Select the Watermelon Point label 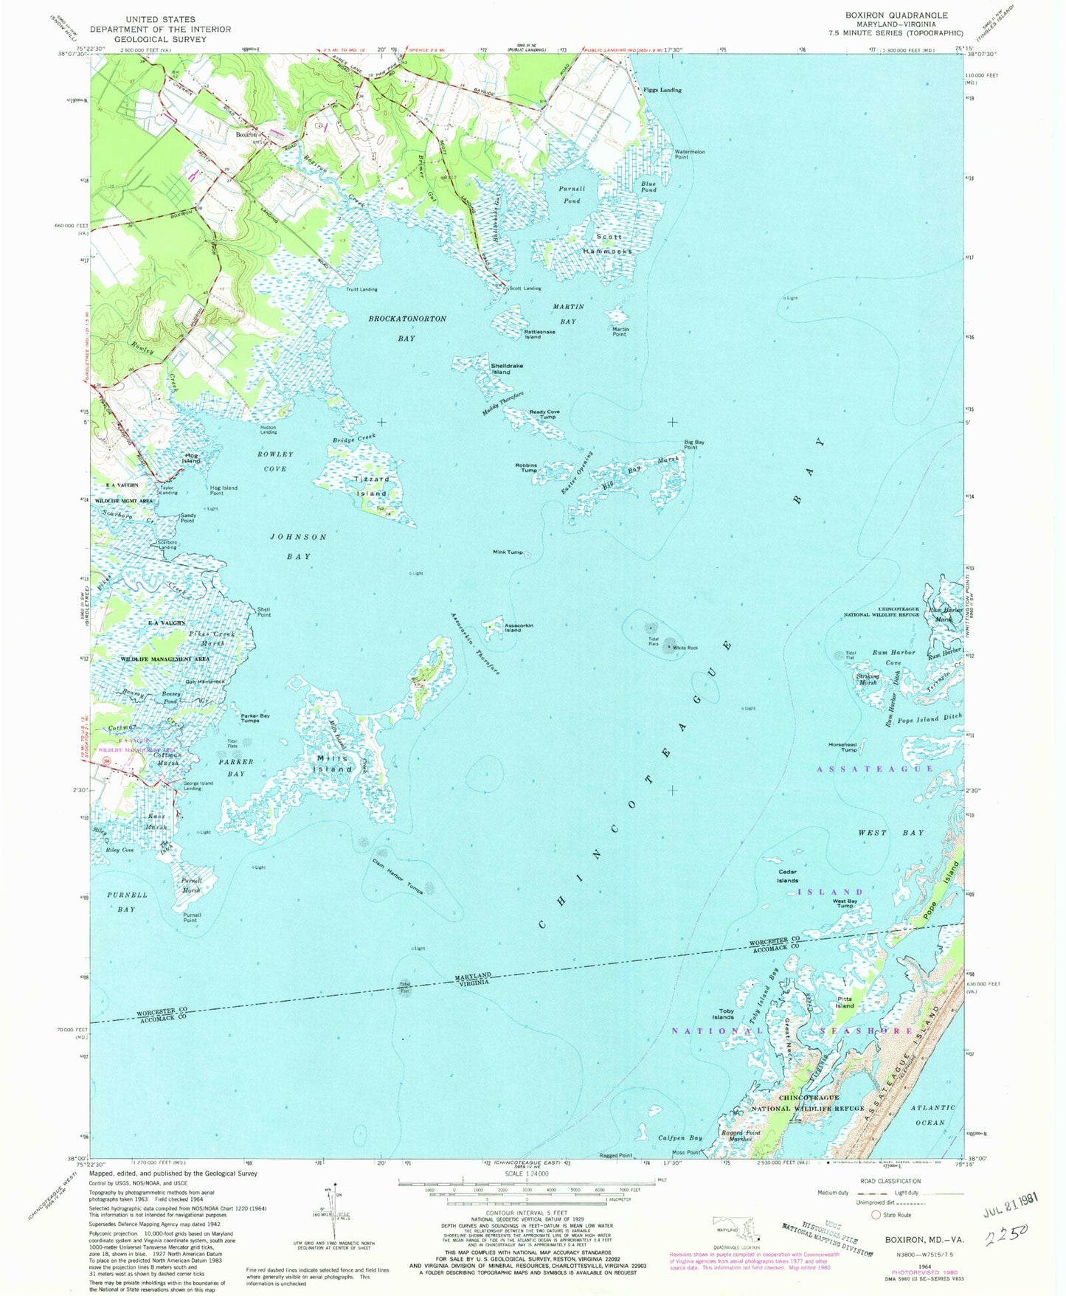click(x=690, y=154)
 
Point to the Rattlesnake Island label click(x=539, y=334)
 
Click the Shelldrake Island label click(x=501, y=369)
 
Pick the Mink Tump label click(x=508, y=552)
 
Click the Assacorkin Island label click(x=519, y=628)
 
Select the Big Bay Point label click(x=693, y=445)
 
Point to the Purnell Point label click(x=191, y=918)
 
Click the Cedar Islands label click(x=787, y=877)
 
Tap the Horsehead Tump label click(x=842, y=747)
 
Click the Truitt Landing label click(x=361, y=289)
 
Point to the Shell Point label click(x=263, y=611)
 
